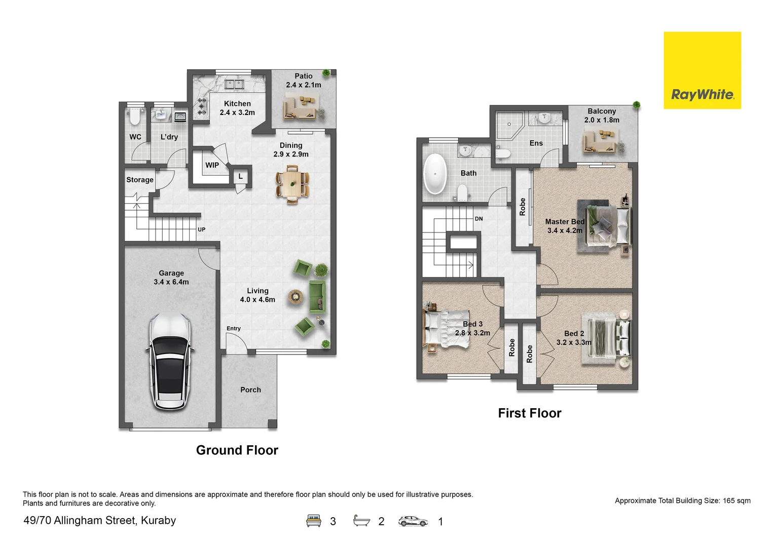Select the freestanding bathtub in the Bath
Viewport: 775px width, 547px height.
(435, 174)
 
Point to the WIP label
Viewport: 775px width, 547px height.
(212, 165)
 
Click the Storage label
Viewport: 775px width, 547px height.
(140, 180)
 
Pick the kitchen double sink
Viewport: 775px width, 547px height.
(235, 84)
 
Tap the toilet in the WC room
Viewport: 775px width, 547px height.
(135, 116)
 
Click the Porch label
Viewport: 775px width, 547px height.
(250, 389)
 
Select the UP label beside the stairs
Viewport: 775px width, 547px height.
(201, 229)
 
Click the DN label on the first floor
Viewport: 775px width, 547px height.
(479, 219)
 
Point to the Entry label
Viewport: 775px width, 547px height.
(234, 329)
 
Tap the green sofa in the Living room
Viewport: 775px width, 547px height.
(317, 297)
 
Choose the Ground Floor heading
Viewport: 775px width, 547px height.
(237, 450)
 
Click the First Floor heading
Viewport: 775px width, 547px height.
(530, 413)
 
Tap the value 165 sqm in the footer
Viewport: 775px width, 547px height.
(736, 501)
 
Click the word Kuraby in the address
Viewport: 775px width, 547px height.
(159, 520)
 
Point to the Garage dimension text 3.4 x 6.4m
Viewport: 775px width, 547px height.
(171, 282)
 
